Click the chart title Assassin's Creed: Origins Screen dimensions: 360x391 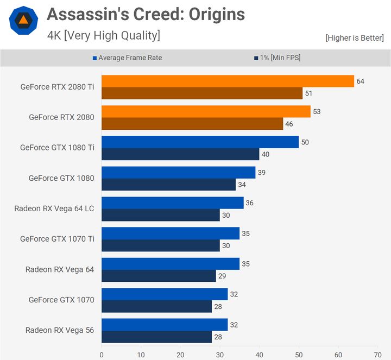[x=146, y=14]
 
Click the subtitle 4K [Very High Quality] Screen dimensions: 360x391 [x=104, y=36]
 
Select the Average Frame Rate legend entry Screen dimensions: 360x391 [x=127, y=58]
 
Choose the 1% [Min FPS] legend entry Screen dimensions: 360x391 [x=276, y=58]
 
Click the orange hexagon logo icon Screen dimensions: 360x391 [x=23, y=21]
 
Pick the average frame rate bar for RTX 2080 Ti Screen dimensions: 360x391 [x=228, y=81]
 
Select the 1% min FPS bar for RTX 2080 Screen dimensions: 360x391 [x=192, y=124]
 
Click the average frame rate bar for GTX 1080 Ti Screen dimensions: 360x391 [x=200, y=142]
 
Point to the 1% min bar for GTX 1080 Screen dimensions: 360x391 [x=168, y=185]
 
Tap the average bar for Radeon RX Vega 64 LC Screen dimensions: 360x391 [x=172, y=203]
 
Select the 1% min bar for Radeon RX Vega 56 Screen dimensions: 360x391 [x=156, y=337]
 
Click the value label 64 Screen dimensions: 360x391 [x=360, y=81]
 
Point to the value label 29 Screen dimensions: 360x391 [x=222, y=276]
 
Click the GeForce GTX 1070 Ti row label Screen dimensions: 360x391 [x=57, y=239]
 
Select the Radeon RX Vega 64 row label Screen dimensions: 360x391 [x=60, y=269]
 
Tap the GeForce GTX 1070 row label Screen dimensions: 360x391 [x=61, y=300]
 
